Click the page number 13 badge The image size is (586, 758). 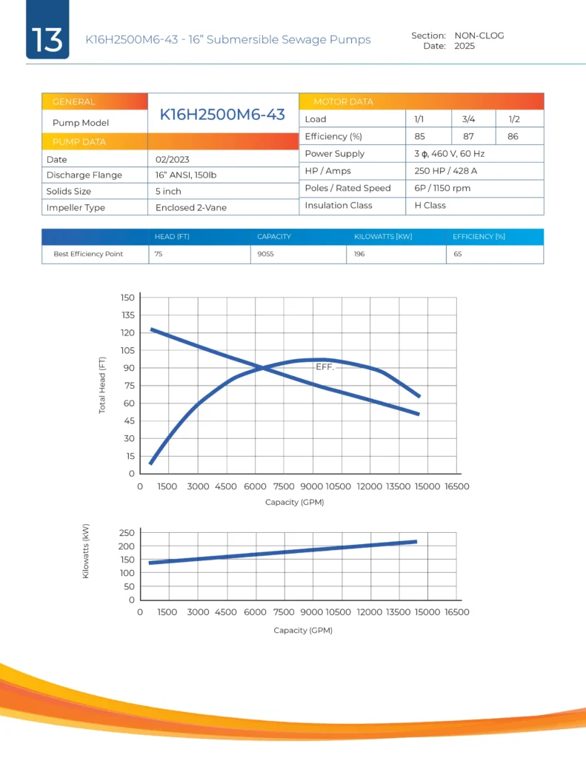pos(47,38)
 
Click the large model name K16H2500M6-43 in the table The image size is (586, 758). pos(223,114)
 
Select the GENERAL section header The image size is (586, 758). pos(73,102)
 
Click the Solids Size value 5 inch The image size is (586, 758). pos(168,191)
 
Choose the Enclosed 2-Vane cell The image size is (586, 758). pos(191,208)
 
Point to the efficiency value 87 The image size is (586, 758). pos(468,136)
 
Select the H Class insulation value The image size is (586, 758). pos(430,205)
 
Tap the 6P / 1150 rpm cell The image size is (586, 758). pos(442,188)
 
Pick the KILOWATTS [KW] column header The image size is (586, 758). pos(382,237)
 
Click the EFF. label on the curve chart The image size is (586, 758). pos(325,367)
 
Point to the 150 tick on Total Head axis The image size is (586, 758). pos(127,298)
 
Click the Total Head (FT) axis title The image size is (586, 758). pos(103,385)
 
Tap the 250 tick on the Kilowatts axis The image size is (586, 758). pos(126,533)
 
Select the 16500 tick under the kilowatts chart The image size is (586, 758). pos(456,612)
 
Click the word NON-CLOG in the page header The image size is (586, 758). pos(479,36)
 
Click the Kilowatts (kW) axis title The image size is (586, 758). pos(86,551)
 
